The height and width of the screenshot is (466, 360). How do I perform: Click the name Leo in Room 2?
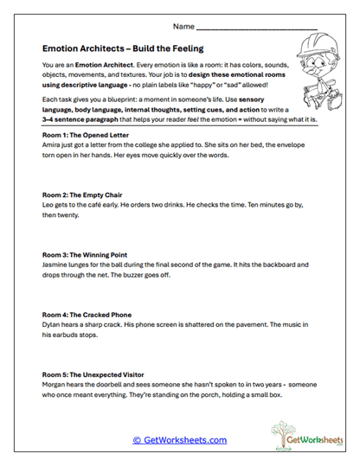48,207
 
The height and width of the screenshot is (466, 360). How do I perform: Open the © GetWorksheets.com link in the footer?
179,440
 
